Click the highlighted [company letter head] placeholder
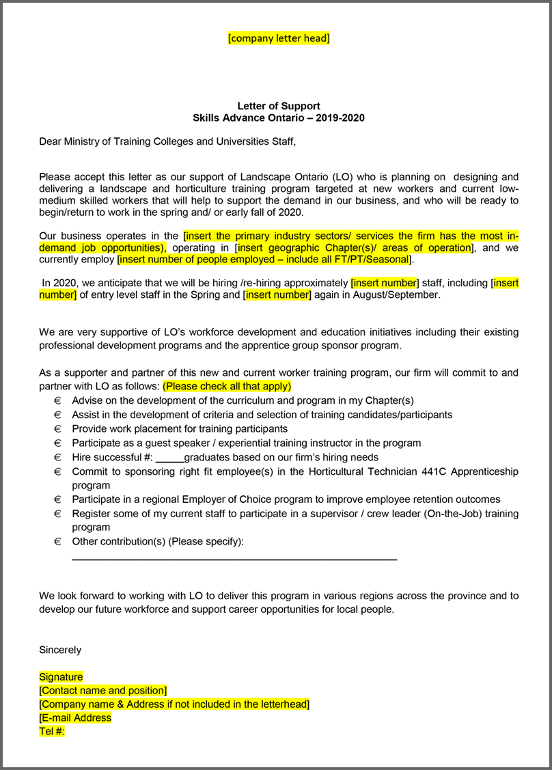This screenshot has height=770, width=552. [279, 38]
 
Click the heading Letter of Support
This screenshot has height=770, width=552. [279, 106]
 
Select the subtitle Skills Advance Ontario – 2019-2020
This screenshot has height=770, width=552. [279, 118]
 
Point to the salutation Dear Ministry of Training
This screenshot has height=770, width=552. [167, 141]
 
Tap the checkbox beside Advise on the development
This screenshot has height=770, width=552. [57, 400]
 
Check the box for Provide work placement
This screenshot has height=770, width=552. [57, 428]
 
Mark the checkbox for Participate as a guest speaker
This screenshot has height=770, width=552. [57, 443]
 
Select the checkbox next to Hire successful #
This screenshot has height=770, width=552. [57, 457]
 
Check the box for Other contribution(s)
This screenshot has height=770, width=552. [57, 542]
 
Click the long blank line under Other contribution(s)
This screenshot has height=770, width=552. [234, 560]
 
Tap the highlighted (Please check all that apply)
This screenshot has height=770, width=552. [227, 386]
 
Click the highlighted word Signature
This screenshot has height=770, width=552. [61, 676]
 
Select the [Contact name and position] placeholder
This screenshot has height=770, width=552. [102, 690]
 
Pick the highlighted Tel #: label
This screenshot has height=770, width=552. [51, 731]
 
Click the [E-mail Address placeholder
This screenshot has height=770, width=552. [75, 717]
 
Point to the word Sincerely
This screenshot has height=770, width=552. [60, 650]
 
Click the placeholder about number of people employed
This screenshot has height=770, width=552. [264, 260]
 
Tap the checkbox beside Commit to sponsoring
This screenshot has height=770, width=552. [57, 471]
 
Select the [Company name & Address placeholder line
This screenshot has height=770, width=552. [174, 704]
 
